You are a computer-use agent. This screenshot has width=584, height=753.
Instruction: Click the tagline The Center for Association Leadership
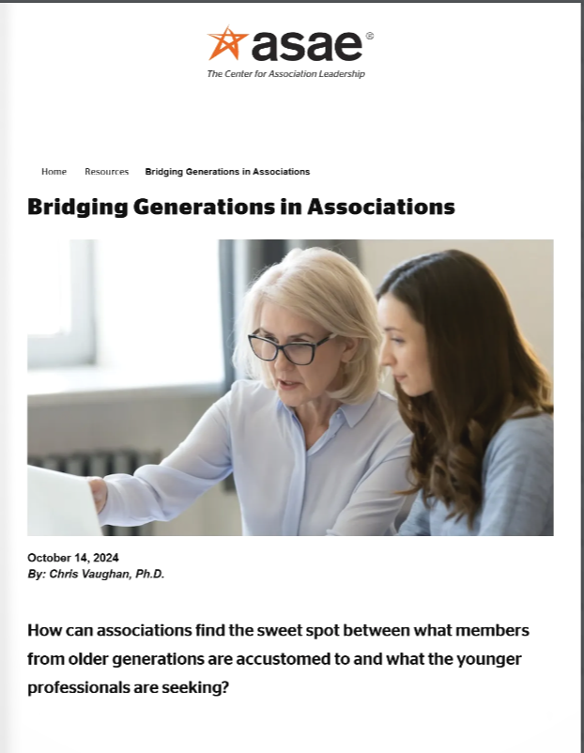point(285,74)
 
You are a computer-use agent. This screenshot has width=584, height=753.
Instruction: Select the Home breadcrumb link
point(54,172)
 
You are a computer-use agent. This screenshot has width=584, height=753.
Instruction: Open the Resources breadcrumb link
point(106,172)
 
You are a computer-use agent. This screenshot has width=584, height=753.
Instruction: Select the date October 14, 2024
point(73,558)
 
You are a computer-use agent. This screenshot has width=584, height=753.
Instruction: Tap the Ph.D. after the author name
point(150,574)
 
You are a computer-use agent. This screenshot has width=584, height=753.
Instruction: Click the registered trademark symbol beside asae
point(370,36)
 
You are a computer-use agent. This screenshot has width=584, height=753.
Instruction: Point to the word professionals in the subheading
point(81,687)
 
